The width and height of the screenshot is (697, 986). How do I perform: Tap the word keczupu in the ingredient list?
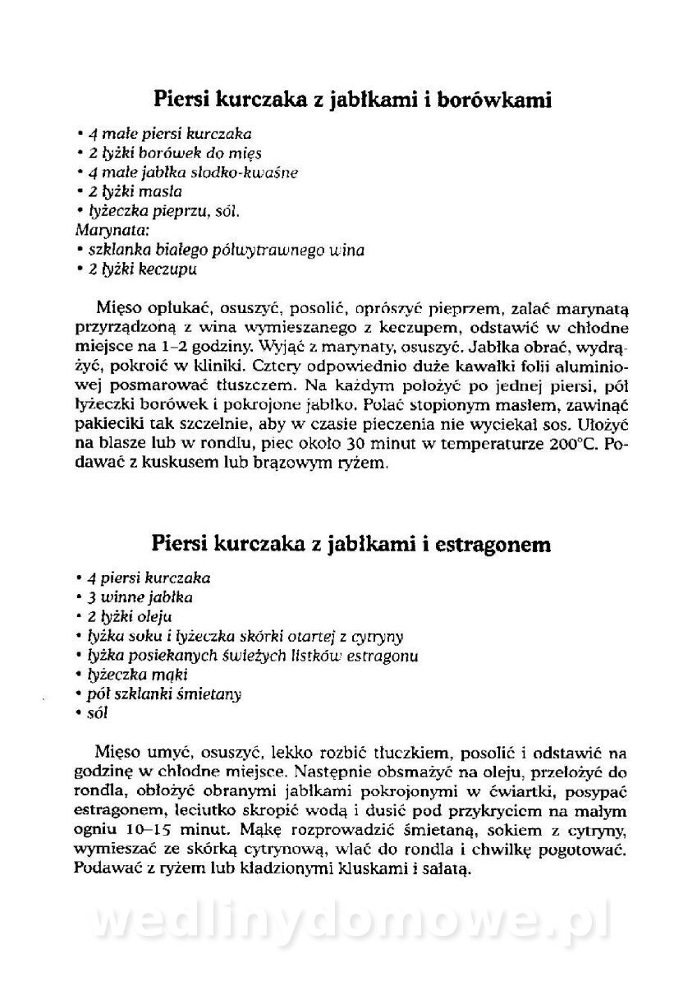point(167,269)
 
